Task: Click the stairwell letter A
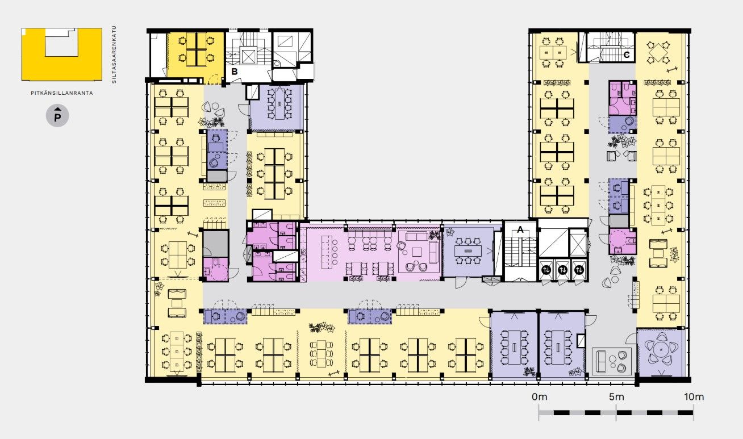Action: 520,229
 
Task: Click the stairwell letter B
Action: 234,72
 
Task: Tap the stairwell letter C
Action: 627,55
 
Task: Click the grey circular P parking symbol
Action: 57,116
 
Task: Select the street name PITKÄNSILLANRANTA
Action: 62,93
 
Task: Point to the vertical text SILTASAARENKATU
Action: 114,55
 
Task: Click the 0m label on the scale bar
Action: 540,396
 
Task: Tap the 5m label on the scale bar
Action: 616,396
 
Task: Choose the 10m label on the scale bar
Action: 694,396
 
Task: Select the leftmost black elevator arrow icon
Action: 546,270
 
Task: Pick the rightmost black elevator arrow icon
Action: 579,270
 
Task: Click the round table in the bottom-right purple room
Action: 661,350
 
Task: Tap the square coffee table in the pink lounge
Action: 417,252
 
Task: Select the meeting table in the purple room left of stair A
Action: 467,250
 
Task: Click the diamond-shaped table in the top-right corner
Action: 658,52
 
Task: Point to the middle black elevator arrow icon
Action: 562,270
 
